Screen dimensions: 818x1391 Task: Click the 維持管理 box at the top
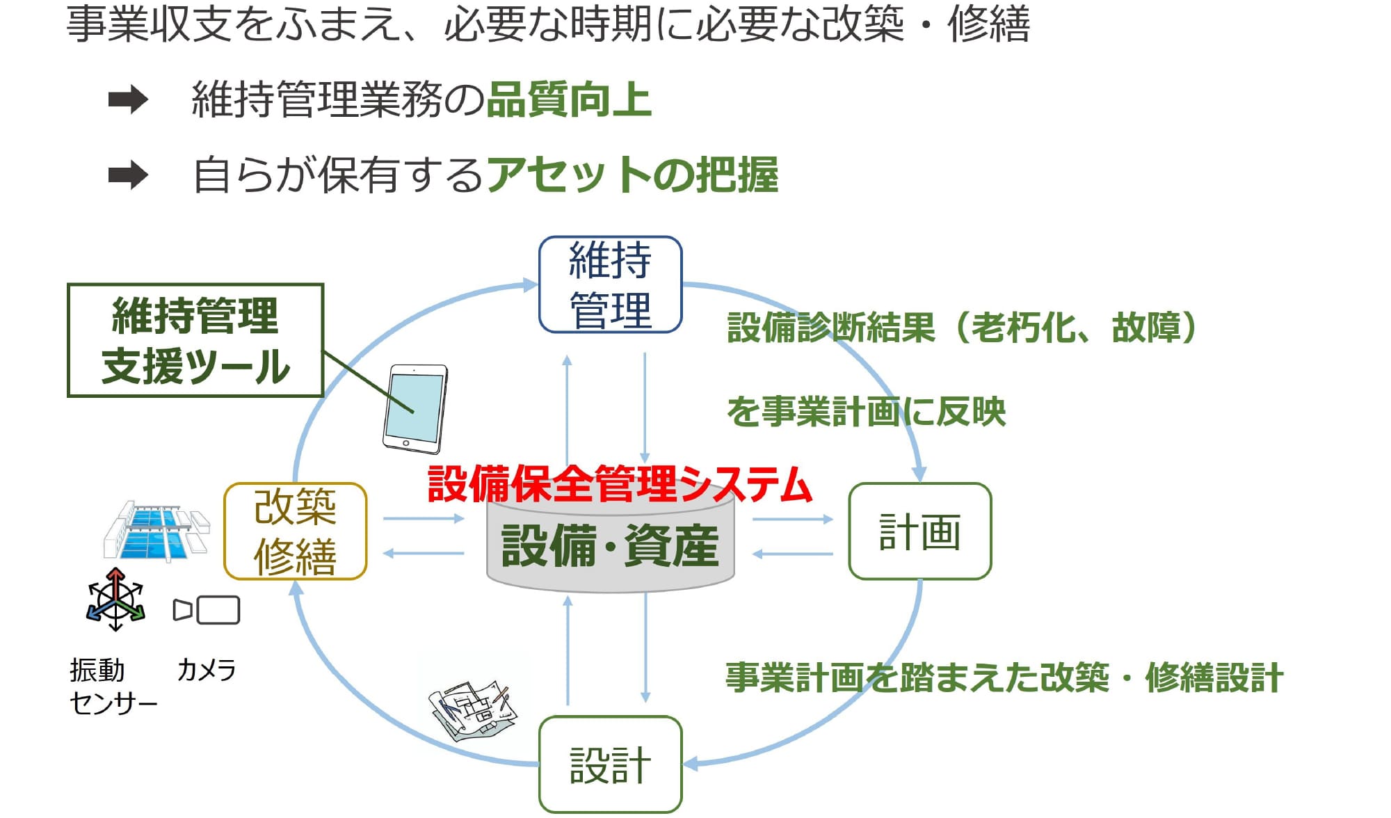click(610, 284)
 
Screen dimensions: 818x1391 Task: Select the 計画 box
click(919, 531)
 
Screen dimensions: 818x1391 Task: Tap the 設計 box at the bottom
click(610, 764)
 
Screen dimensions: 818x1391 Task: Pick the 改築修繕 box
click(295, 531)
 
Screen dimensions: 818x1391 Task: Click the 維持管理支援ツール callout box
click(195, 340)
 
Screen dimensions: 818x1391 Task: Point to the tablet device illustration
click(415, 409)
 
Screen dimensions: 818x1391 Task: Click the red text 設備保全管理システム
click(619, 484)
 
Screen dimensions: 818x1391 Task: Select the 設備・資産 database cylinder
click(610, 546)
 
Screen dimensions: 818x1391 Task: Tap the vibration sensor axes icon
click(115, 600)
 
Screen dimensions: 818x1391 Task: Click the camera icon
click(207, 610)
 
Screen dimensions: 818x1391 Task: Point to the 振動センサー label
click(111, 686)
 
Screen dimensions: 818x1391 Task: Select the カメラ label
click(207, 670)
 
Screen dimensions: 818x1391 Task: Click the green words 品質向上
click(568, 99)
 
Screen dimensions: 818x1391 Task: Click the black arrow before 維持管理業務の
click(129, 100)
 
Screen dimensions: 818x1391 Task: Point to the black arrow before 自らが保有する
click(129, 175)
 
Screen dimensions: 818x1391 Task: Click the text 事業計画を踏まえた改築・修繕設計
click(1004, 677)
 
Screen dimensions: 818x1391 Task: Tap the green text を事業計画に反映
click(866, 411)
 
